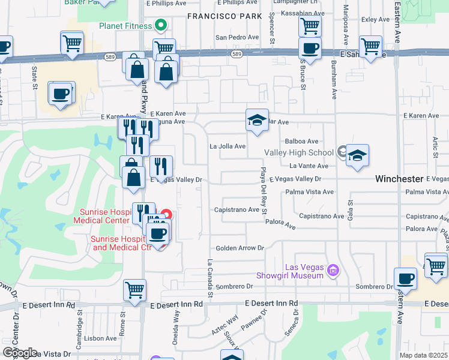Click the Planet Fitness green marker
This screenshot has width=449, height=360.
pos(160,25)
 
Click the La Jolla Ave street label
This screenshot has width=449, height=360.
pos(228,146)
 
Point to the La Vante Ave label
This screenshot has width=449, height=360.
pos(309,166)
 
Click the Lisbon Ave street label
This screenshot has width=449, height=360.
pos(100,338)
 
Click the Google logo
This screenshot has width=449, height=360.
pos(19,353)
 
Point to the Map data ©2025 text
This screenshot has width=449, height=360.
pos(424,356)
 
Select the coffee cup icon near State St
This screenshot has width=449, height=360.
pos(61,94)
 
